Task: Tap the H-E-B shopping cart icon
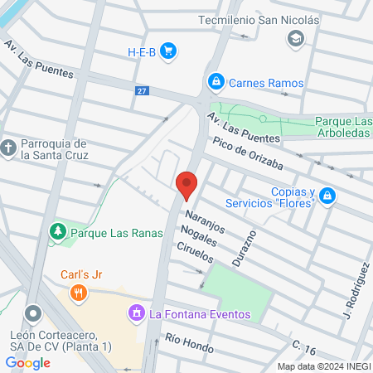pos(168,51)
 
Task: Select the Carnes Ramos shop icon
pos(216,82)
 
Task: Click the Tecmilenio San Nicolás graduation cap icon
pos(294,38)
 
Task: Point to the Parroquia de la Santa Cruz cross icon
pos(9,148)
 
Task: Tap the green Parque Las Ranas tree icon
pos(58,233)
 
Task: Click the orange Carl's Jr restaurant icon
pos(79,292)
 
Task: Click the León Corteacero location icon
pos(33,314)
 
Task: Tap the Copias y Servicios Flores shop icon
pos(328,196)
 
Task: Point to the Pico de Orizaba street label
pos(247,155)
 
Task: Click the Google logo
pos(28,362)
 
